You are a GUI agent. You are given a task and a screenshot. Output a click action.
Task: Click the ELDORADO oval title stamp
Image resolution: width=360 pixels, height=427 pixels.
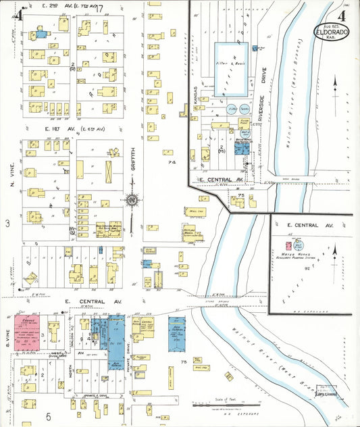(x=331, y=32)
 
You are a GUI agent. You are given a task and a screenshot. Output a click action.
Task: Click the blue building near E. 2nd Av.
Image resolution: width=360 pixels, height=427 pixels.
(x=41, y=33)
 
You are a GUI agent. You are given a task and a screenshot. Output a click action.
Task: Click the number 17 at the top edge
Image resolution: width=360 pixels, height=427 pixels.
(x=99, y=9)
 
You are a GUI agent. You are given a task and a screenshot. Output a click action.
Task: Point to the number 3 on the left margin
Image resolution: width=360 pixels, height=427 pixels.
(x=7, y=222)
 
